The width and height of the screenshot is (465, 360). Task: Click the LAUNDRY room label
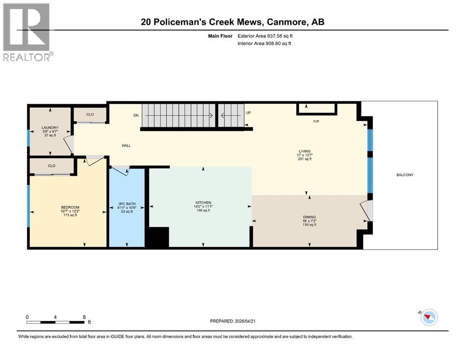[x=50, y=127]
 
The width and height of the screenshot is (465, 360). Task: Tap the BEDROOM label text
[x=70, y=207]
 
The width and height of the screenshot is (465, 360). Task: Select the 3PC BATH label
[x=126, y=203]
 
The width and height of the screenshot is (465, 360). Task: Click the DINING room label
[x=309, y=217]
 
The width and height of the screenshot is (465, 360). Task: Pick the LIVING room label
[x=305, y=151]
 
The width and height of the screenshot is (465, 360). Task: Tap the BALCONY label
[x=405, y=175]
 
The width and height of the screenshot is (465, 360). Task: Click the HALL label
[x=126, y=145]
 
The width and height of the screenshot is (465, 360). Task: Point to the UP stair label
[x=249, y=113]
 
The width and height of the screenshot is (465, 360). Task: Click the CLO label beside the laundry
[x=90, y=114]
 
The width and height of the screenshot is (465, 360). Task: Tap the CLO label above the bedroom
[x=52, y=165]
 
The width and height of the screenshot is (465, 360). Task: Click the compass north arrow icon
[x=428, y=317]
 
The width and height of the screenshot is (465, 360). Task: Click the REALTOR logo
[x=27, y=32]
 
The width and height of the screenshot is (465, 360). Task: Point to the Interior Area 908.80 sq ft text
[x=264, y=44]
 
